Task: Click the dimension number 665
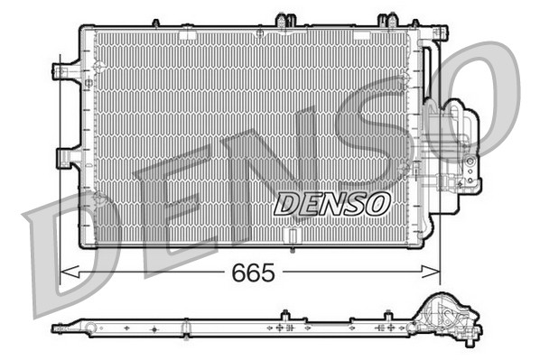253,272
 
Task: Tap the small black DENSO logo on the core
331,204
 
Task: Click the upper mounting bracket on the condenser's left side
66,71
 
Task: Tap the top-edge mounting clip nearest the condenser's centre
287,20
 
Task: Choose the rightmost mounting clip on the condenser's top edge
388,20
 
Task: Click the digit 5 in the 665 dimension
268,272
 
